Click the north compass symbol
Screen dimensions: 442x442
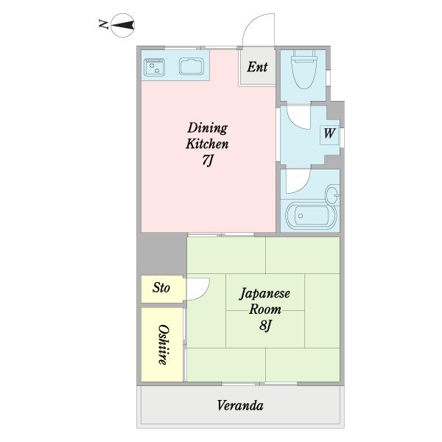122,25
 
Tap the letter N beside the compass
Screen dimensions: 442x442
103,24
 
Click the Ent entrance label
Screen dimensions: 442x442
257,67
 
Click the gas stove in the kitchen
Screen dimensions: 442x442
154,67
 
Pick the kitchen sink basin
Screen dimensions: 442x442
192,66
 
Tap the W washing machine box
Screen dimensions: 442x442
329,135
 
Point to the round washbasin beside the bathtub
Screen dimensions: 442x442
333,195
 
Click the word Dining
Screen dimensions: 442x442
208,128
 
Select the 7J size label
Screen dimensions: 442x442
208,161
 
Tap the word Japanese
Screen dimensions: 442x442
264,294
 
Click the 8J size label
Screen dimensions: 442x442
265,326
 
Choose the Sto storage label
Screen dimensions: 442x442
161,288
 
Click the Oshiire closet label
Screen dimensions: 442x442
163,345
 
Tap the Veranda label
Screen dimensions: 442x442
240,406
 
